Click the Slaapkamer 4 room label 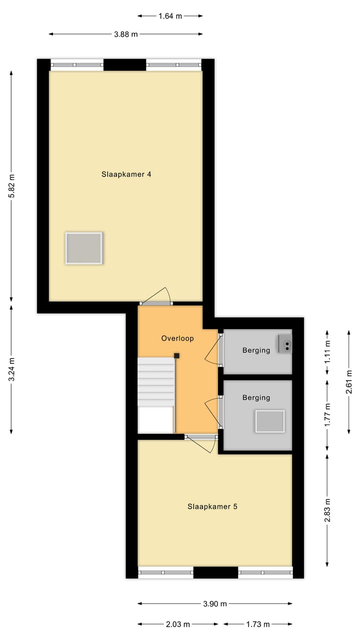click(x=126, y=174)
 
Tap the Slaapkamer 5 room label click(x=212, y=506)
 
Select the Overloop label click(x=177, y=338)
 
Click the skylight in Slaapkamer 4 click(x=83, y=248)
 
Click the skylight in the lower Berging click(x=270, y=421)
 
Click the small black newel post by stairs click(x=176, y=355)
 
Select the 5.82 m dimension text click(x=11, y=186)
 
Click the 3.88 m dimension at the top click(x=125, y=34)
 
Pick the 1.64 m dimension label click(x=170, y=16)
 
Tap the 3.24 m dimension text click(x=11, y=369)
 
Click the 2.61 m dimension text click(x=348, y=381)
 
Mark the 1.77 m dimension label click(x=327, y=414)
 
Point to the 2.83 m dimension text click(x=327, y=510)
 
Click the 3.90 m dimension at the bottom click(x=215, y=604)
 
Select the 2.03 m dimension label click(x=178, y=624)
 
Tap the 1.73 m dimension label click(x=257, y=624)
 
